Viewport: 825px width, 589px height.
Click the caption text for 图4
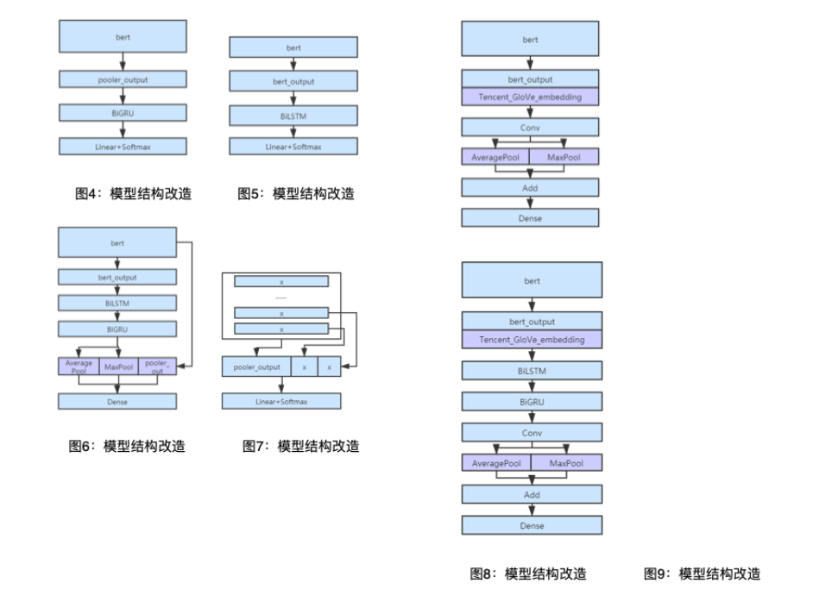[x=134, y=194]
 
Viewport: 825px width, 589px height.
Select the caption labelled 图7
[x=301, y=446]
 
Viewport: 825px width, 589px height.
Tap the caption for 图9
[x=702, y=573]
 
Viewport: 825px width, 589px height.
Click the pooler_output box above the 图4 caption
[x=123, y=79]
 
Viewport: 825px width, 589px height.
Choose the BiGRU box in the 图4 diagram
[x=123, y=112]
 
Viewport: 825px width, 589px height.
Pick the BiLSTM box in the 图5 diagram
[x=293, y=114]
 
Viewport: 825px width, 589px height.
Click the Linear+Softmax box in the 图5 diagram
[x=293, y=147]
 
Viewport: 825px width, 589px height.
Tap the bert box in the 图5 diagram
[x=293, y=47]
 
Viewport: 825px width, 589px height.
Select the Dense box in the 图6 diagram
[x=117, y=401]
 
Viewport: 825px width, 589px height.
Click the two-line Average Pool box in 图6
[x=79, y=367]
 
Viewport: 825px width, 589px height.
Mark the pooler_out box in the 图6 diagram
[x=157, y=367]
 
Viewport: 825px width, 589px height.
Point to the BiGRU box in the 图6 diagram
[x=117, y=329]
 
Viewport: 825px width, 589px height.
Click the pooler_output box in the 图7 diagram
[x=256, y=367]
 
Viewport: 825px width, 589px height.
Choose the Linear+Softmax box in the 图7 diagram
[x=281, y=401]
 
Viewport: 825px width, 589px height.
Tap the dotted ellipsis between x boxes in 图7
[x=281, y=297]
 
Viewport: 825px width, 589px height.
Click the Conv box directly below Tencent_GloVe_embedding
[x=530, y=128]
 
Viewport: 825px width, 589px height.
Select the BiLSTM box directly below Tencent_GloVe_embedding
[x=532, y=371]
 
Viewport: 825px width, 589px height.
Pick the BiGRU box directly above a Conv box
[x=532, y=402]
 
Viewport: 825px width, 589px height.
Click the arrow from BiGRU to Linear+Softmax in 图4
[x=123, y=129]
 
